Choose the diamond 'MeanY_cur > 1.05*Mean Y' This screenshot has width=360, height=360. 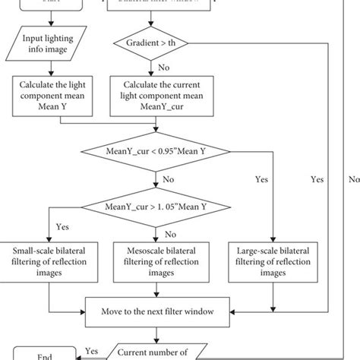[156, 204]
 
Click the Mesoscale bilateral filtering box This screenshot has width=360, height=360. [155, 257]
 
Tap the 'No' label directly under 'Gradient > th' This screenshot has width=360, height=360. [173, 66]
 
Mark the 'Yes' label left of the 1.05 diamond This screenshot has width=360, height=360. [63, 226]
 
